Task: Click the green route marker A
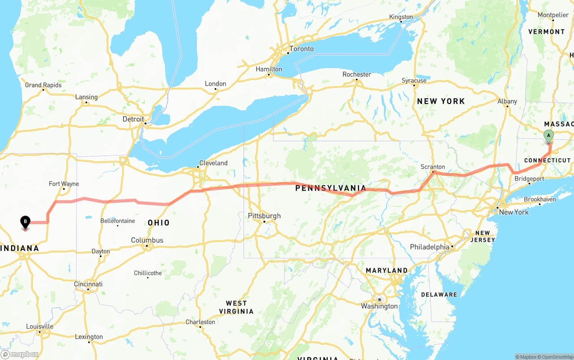(548, 136)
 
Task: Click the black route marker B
(26, 221)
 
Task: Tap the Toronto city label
(301, 48)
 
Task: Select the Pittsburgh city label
(264, 216)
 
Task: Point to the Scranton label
(433, 167)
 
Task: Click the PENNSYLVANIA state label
(330, 188)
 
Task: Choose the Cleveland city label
(213, 163)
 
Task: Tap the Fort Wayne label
(64, 184)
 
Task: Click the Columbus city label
(147, 240)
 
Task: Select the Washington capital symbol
(379, 299)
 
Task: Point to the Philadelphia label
(430, 247)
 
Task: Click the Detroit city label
(134, 119)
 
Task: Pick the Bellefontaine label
(117, 221)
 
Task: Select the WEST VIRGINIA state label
(236, 307)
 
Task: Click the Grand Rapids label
(43, 85)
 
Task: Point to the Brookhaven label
(539, 199)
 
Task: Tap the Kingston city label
(401, 17)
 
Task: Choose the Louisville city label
(40, 326)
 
